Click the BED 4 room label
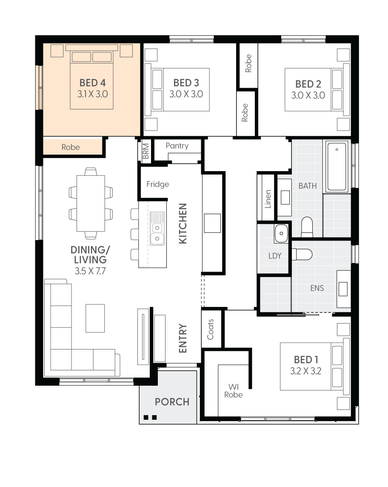[x=92, y=83]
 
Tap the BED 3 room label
[x=186, y=83]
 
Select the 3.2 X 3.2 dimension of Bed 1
[x=306, y=371]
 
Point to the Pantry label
[x=177, y=146]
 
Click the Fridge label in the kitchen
[x=158, y=184]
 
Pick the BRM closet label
[x=145, y=151]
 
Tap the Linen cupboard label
[x=268, y=199]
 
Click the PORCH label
[x=172, y=402]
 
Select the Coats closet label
[x=210, y=329]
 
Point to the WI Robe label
[x=234, y=391]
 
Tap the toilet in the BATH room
[x=307, y=227]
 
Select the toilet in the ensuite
[x=302, y=255]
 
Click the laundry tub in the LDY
[x=281, y=233]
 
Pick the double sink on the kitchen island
[x=157, y=229]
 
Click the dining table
[x=91, y=203]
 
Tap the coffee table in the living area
[x=95, y=318]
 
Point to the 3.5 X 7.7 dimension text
[x=90, y=271]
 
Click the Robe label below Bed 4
[x=71, y=147]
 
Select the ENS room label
[x=317, y=288]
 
